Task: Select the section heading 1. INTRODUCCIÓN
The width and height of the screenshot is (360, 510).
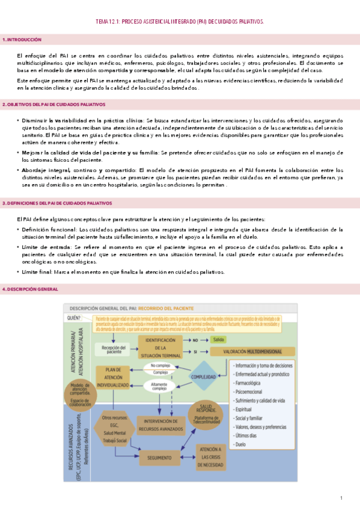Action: (x=22, y=40)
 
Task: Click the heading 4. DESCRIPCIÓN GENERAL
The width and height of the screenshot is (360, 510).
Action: (x=31, y=289)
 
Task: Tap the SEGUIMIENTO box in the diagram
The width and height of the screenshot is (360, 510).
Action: (x=159, y=441)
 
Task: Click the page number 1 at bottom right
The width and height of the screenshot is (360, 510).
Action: (x=341, y=497)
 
